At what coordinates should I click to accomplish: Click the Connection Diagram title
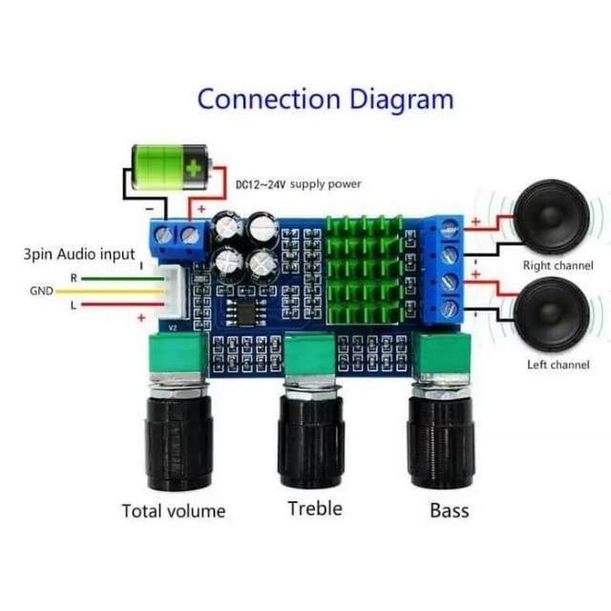click(326, 98)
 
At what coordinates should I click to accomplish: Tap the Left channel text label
click(558, 365)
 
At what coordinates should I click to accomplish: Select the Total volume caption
click(174, 511)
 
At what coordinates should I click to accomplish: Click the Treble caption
click(314, 508)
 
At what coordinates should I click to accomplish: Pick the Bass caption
click(450, 511)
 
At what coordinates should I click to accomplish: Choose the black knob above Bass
click(441, 434)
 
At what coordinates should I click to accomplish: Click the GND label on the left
click(41, 291)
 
